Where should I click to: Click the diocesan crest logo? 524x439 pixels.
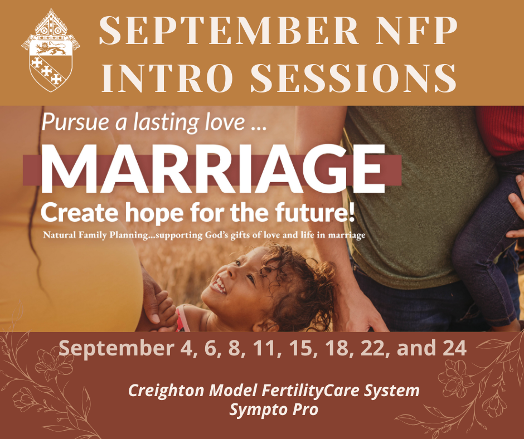click(x=51, y=51)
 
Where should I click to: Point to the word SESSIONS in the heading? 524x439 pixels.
click(x=353, y=77)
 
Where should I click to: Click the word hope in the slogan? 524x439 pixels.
click(x=154, y=214)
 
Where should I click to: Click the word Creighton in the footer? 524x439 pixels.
click(x=166, y=390)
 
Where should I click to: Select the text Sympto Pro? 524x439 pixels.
click(x=274, y=409)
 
